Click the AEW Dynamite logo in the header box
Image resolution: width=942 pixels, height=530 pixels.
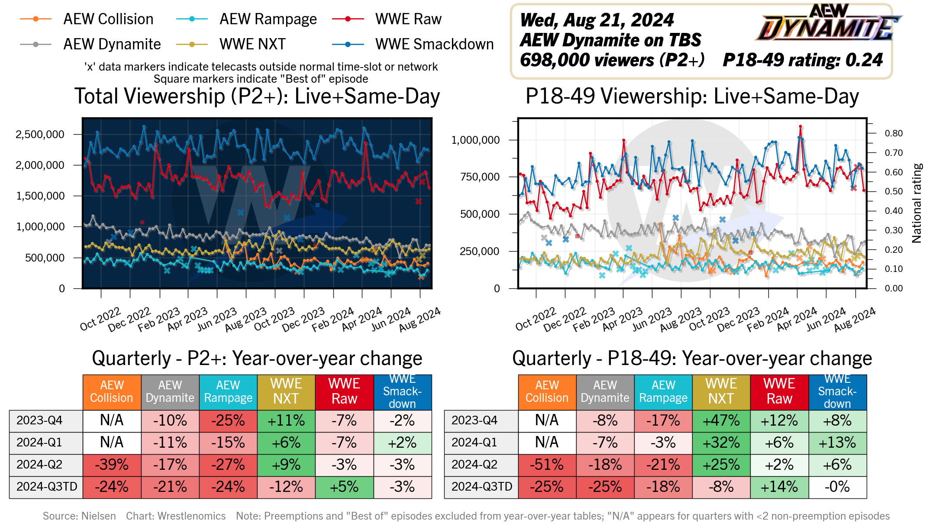[828, 24]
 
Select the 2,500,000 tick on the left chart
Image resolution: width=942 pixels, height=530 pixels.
[40, 135]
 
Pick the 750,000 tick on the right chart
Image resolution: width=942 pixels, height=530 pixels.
[475, 177]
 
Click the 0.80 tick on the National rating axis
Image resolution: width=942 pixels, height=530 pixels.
[894, 133]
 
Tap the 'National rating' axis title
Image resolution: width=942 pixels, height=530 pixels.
[916, 203]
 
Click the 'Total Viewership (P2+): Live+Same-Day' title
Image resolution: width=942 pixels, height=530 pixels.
[257, 97]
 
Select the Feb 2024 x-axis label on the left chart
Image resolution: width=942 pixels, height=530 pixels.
[333, 319]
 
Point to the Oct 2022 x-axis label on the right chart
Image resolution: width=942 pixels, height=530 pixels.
[536, 319]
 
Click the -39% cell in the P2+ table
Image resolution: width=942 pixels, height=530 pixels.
[112, 465]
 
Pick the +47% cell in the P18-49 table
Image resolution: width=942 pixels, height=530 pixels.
[721, 420]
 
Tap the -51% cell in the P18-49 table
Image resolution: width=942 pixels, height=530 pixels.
[547, 465]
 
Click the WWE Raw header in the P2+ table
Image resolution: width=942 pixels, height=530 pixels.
[344, 391]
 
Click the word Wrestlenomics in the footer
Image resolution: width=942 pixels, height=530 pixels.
[191, 516]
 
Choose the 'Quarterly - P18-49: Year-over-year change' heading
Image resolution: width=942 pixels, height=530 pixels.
[692, 359]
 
